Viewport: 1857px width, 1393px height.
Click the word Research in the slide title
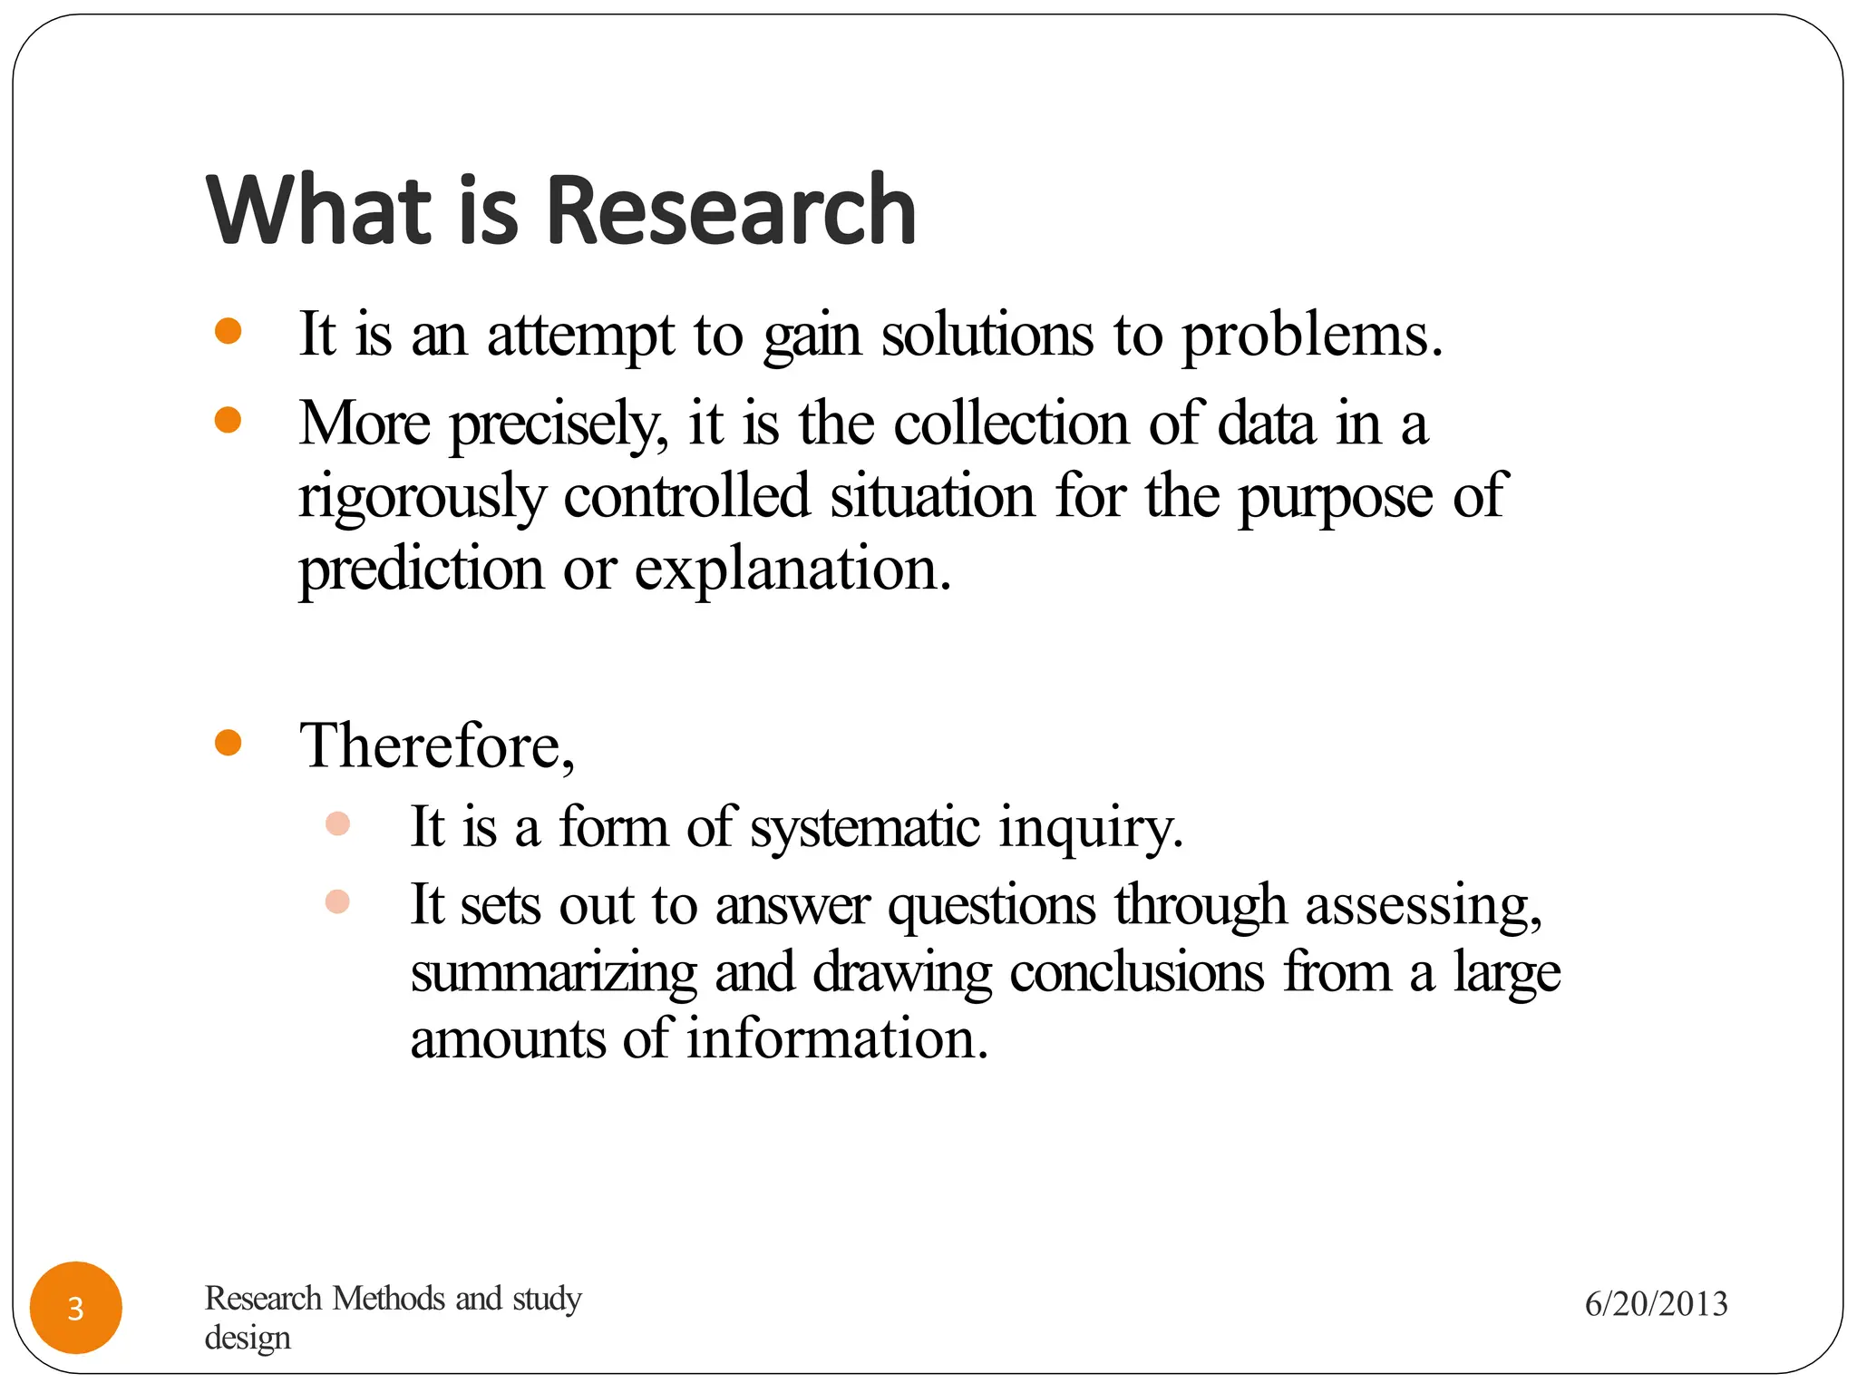point(731,210)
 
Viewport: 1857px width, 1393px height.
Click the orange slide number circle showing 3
point(76,1308)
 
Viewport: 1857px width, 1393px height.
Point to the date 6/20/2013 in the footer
point(1656,1304)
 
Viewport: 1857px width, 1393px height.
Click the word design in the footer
point(248,1339)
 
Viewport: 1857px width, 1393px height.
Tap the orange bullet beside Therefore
point(228,743)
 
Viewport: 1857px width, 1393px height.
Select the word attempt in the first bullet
point(580,336)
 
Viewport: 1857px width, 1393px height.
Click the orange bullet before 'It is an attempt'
point(228,331)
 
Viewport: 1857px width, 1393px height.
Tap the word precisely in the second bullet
point(559,424)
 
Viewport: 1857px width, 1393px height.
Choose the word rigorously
point(423,497)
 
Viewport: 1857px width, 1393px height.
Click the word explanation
point(792,570)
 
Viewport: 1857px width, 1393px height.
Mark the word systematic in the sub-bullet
point(865,828)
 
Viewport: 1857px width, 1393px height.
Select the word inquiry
point(1090,828)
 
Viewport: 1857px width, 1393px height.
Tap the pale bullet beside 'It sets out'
point(337,901)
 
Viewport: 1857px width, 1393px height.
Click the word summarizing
point(553,974)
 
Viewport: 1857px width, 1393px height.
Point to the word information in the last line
point(836,1039)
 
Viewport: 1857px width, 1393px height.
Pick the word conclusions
point(1136,972)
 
